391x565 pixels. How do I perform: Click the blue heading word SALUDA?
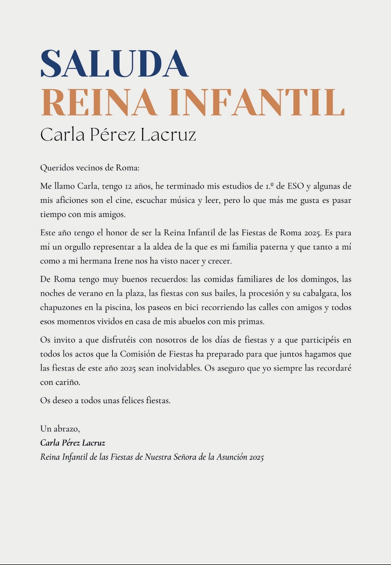point(114,63)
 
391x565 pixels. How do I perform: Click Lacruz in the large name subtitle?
point(168,135)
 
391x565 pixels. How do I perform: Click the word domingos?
point(320,279)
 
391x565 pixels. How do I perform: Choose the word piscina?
point(120,308)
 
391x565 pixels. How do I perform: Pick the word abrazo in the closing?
point(68,429)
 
